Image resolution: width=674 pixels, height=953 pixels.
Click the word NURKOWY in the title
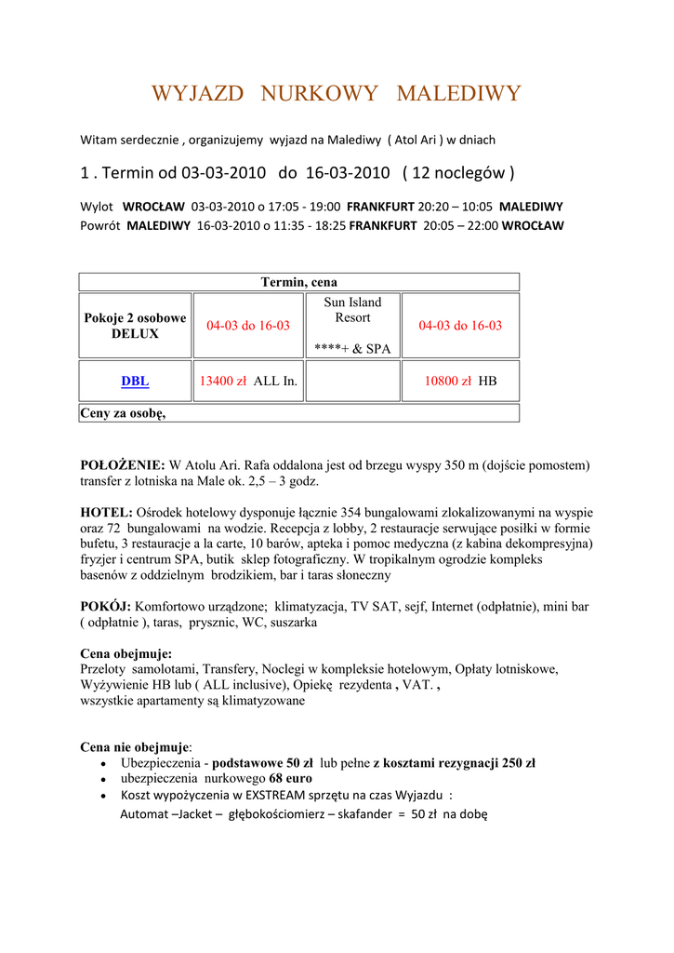(x=320, y=94)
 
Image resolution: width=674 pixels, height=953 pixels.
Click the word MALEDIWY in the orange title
(x=458, y=94)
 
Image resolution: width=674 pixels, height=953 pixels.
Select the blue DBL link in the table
(x=135, y=381)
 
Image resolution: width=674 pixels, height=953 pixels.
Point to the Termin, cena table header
(x=298, y=282)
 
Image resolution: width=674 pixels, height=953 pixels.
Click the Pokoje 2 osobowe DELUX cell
(x=135, y=326)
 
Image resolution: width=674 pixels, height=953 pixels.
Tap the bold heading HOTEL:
(x=107, y=512)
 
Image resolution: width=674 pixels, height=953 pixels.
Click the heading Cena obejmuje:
(x=126, y=653)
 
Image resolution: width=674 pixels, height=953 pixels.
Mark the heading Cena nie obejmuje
(x=134, y=746)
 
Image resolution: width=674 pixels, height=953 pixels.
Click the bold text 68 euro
(x=290, y=778)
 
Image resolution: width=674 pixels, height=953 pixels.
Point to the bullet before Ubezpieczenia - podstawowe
(x=103, y=764)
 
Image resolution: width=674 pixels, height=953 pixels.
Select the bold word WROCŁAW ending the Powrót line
(x=532, y=225)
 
